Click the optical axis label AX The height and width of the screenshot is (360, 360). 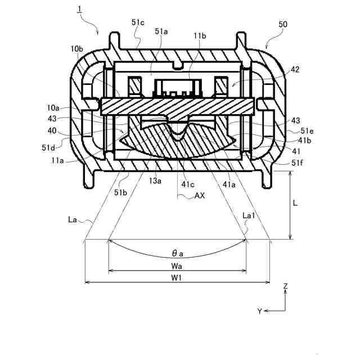click(x=199, y=196)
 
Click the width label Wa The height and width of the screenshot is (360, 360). click(x=177, y=264)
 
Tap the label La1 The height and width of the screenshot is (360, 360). click(x=248, y=215)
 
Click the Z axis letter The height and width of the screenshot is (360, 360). click(x=286, y=286)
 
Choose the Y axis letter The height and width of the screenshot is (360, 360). click(x=259, y=310)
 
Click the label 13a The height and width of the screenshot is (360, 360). click(x=155, y=181)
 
